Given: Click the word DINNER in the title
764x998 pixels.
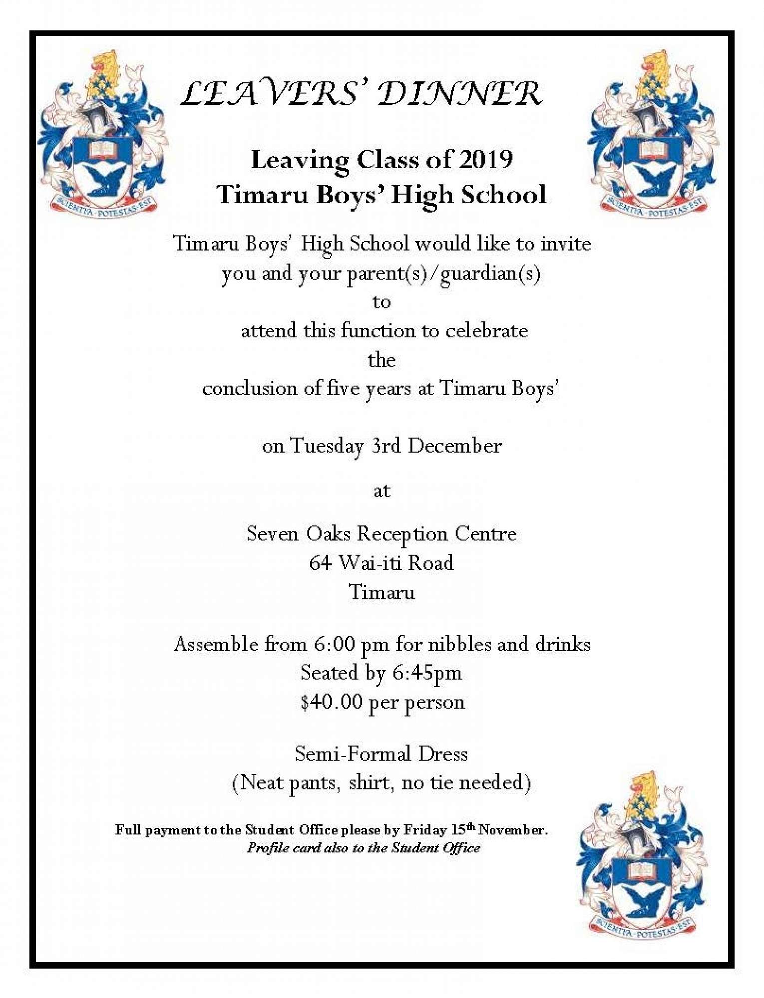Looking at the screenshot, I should click(460, 94).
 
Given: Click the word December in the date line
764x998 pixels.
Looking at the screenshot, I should click(454, 446).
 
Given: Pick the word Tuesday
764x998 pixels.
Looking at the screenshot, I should click(327, 446).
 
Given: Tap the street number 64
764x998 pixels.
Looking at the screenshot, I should click(320, 563).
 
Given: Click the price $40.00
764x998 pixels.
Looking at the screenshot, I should click(331, 702).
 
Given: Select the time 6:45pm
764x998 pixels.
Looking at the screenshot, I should click(427, 673).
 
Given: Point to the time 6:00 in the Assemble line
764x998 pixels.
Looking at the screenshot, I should click(334, 644).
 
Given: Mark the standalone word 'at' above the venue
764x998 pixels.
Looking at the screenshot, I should click(382, 491).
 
